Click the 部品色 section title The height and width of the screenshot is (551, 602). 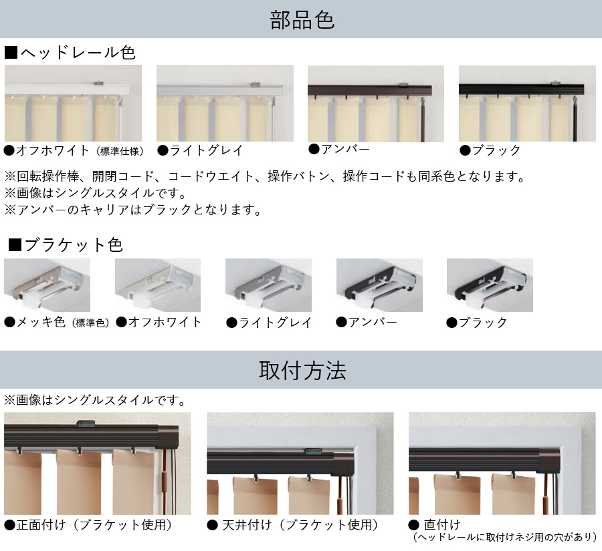(302, 20)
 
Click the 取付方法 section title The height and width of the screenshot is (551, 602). (302, 371)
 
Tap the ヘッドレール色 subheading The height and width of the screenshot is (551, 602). (70, 53)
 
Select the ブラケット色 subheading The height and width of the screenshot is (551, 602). (66, 244)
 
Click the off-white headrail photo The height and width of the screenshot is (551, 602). (73, 103)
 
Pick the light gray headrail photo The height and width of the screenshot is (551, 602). (225, 103)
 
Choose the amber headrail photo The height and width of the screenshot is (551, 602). (376, 104)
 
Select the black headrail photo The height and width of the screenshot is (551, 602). (527, 104)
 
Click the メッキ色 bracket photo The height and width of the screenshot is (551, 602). (47, 285)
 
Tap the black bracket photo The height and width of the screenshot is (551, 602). (490, 285)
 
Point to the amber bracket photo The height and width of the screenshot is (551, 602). (379, 285)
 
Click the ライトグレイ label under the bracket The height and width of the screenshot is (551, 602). (269, 323)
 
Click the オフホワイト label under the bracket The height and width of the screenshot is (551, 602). (159, 322)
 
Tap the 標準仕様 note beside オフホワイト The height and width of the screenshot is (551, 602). (120, 152)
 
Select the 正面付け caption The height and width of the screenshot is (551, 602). (88, 524)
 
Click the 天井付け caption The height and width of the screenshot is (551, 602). (293, 524)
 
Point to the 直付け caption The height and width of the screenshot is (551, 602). (435, 524)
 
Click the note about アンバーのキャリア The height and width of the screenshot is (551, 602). (133, 210)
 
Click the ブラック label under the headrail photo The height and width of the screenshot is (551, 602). (490, 150)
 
